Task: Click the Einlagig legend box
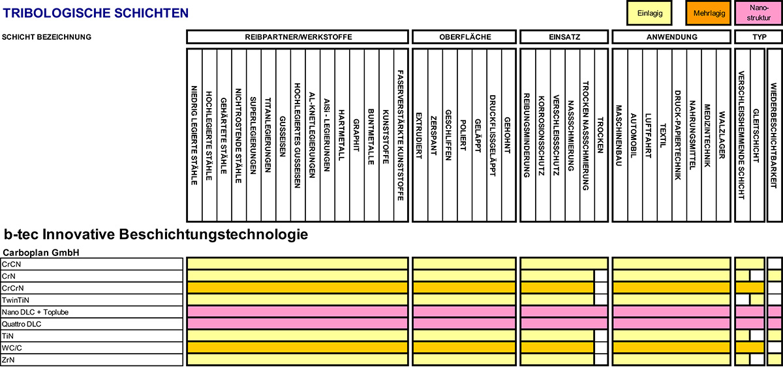(x=649, y=13)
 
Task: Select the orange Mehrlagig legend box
(x=708, y=13)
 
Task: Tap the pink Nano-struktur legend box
(x=758, y=13)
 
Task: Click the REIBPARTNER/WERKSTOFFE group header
(x=298, y=37)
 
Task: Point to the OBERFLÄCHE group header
(x=464, y=37)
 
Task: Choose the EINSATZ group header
(x=564, y=37)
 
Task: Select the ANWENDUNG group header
(x=671, y=37)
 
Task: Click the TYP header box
(x=758, y=37)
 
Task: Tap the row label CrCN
(x=11, y=264)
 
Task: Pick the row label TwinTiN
(x=16, y=300)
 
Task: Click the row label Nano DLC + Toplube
(x=35, y=312)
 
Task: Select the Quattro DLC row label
(x=22, y=324)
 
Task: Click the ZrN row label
(x=8, y=360)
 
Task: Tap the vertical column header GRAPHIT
(x=356, y=135)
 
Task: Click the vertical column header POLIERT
(x=463, y=135)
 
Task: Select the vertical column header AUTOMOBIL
(x=634, y=135)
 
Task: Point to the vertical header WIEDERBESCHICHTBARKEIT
(x=774, y=135)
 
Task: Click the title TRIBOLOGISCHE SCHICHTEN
(x=96, y=13)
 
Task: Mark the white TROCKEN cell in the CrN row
(x=601, y=276)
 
